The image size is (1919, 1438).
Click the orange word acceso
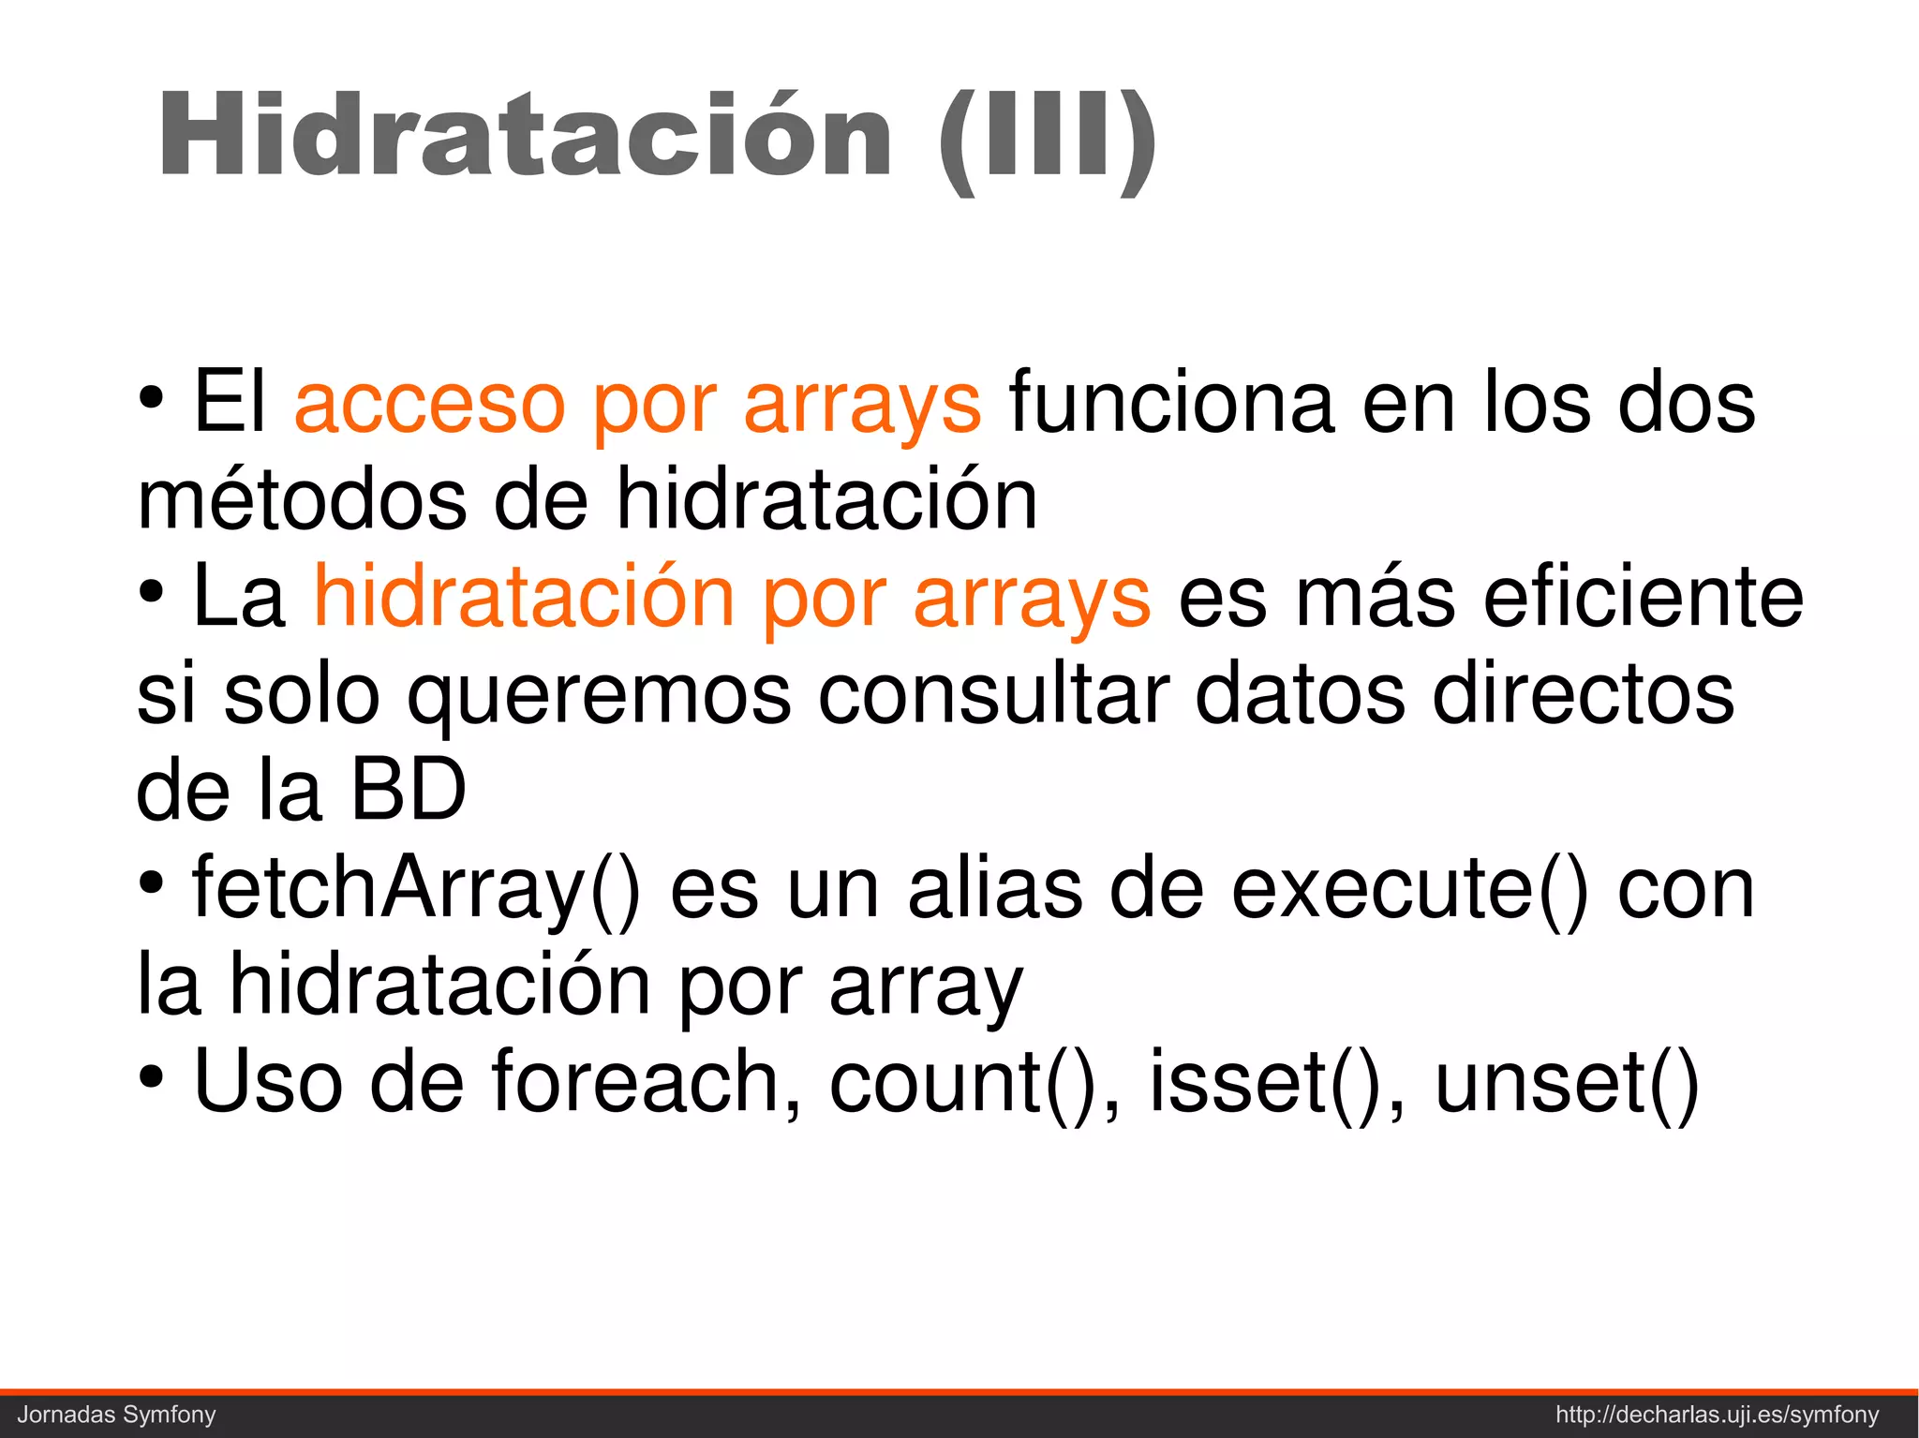(429, 403)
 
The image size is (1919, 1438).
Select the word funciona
(1171, 403)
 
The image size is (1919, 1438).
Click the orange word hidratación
(524, 596)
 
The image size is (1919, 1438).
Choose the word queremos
(600, 695)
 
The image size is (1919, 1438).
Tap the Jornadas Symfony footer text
(117, 1415)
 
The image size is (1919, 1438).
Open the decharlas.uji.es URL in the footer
(1718, 1415)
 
